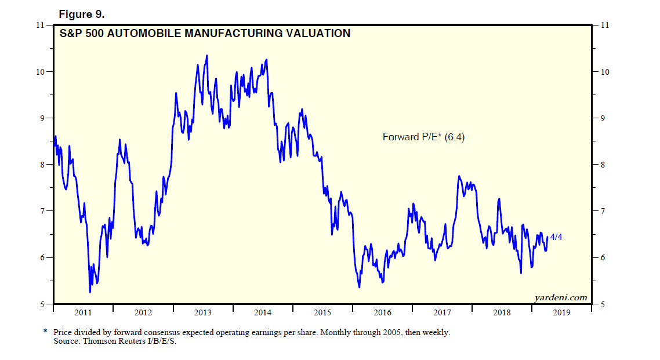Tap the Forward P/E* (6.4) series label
(x=424, y=137)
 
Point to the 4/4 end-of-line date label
(x=556, y=237)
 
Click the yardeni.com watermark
(x=560, y=297)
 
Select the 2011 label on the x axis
(x=83, y=313)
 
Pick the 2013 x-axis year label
(x=202, y=313)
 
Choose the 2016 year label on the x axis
(x=382, y=313)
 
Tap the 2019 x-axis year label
(x=561, y=313)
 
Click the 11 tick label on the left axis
(x=40, y=25)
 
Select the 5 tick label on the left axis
(x=42, y=304)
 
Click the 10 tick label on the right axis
(x=605, y=72)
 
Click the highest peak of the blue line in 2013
(x=207, y=56)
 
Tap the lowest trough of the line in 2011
(x=90, y=292)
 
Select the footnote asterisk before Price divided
(x=45, y=332)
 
